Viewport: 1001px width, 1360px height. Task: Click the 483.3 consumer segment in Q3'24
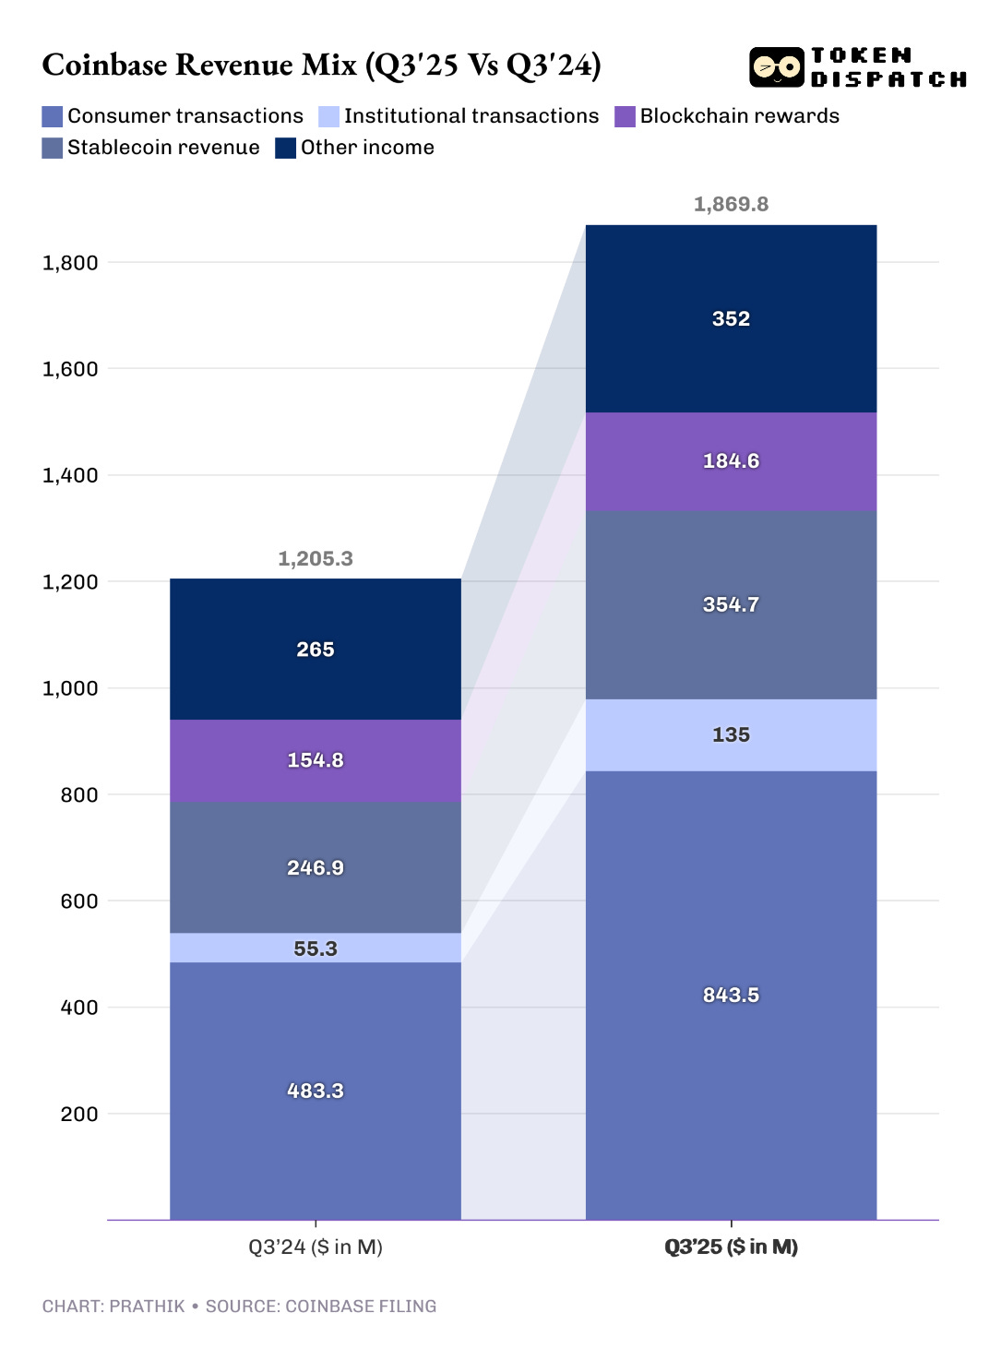[x=316, y=1091]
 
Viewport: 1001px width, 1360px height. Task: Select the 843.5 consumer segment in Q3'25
[x=731, y=995]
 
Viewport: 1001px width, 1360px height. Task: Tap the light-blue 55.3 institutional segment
[x=316, y=948]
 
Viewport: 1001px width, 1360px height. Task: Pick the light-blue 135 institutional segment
[x=731, y=734]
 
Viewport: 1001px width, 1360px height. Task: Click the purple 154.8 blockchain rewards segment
[x=316, y=760]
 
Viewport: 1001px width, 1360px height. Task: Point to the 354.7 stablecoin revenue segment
[x=731, y=604]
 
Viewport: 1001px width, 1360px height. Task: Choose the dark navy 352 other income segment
[x=731, y=318]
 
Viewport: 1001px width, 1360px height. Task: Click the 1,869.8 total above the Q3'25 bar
[x=731, y=204]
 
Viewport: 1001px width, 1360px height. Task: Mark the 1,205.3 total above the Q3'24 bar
[x=316, y=558]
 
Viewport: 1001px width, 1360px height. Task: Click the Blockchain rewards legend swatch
[x=625, y=116]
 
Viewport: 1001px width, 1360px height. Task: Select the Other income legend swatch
[x=285, y=148]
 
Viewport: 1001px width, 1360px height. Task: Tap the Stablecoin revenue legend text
[x=163, y=148]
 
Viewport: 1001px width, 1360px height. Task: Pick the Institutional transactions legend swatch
[x=328, y=116]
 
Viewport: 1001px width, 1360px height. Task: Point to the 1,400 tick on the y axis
[x=70, y=475]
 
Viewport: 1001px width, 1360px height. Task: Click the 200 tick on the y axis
[x=79, y=1114]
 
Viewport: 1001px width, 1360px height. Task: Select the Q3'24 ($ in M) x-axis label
[x=316, y=1247]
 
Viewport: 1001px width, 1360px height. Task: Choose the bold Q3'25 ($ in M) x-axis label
[x=731, y=1247]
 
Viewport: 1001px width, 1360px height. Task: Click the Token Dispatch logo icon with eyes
[x=776, y=67]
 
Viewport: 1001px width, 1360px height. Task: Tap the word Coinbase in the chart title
[x=105, y=65]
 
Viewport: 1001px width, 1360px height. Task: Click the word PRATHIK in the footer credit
[x=147, y=1306]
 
